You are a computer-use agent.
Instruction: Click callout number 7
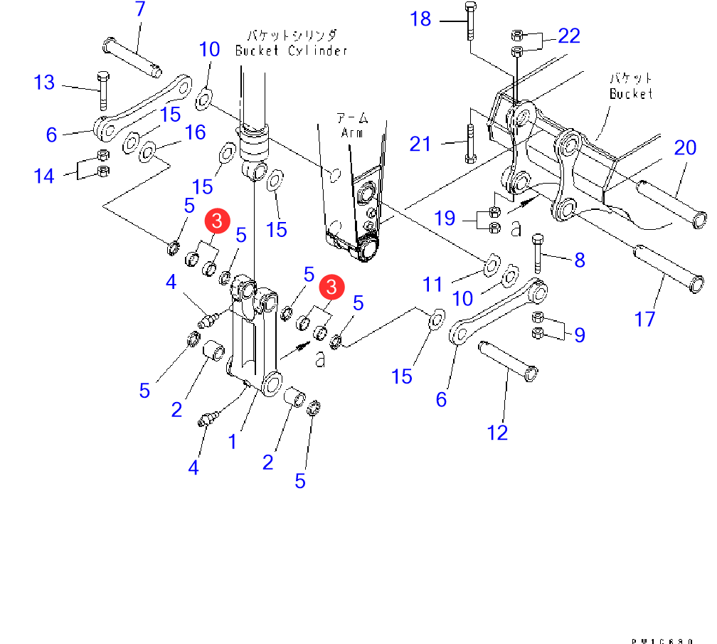pyautogui.click(x=139, y=10)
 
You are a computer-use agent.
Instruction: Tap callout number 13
pyautogui.click(x=44, y=83)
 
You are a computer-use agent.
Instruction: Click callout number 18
pyautogui.click(x=421, y=19)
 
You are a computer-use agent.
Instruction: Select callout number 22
pyautogui.click(x=569, y=36)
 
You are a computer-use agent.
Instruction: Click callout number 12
pyautogui.click(x=498, y=432)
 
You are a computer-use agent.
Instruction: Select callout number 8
pyautogui.click(x=580, y=260)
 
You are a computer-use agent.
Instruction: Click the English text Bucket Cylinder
pyautogui.click(x=291, y=51)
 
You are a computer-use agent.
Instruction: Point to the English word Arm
pyautogui.click(x=351, y=133)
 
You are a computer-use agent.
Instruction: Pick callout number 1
pyautogui.click(x=232, y=442)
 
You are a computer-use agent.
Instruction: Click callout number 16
pyautogui.click(x=196, y=132)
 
